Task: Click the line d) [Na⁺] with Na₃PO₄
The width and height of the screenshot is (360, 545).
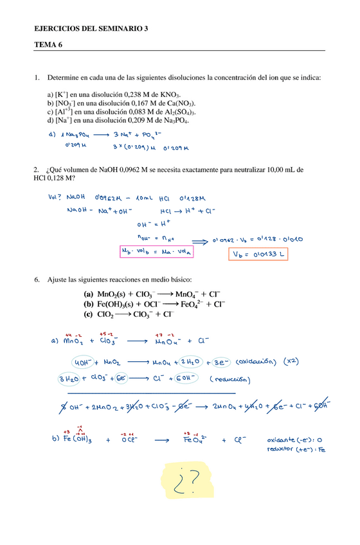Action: (x=118, y=120)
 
